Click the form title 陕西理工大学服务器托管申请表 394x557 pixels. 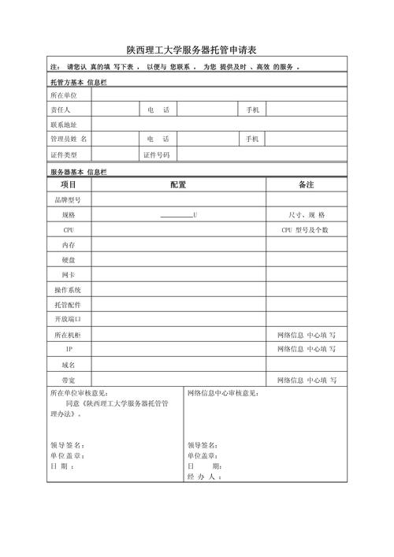click(x=197, y=49)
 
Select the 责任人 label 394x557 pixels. click(x=61, y=110)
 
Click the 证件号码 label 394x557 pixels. click(x=155, y=154)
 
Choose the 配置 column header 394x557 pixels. click(x=178, y=185)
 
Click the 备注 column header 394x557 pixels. click(x=306, y=185)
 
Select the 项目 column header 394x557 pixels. click(x=68, y=185)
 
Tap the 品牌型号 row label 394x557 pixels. click(x=68, y=200)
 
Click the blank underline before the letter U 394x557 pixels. click(x=176, y=215)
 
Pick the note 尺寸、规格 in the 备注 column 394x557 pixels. click(x=307, y=215)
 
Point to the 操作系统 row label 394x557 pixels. click(x=68, y=290)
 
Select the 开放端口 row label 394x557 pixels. click(x=68, y=319)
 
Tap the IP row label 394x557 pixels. click(x=69, y=349)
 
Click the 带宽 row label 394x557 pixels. click(x=69, y=380)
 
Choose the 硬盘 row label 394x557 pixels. click(x=69, y=260)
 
